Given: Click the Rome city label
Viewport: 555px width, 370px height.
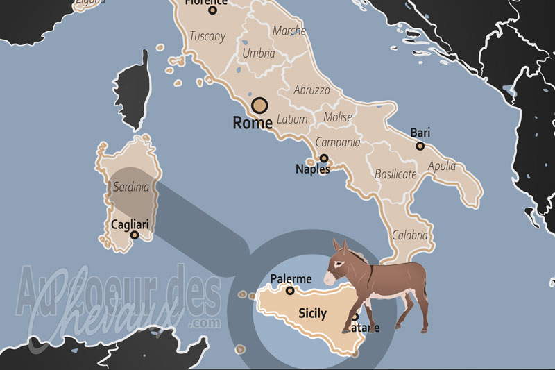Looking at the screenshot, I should (x=253, y=124).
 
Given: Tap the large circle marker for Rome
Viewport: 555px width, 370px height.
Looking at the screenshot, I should (x=259, y=106).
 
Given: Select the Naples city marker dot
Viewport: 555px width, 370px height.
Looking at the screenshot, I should (x=323, y=158).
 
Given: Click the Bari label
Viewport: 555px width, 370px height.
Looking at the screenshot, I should (x=420, y=132).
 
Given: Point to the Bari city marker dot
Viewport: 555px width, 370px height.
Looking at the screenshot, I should (x=420, y=146).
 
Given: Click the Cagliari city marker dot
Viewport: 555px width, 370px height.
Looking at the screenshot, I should (x=135, y=235).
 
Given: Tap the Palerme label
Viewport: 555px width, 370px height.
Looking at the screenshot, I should (x=291, y=279).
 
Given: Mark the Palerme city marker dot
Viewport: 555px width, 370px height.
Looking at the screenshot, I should (x=291, y=291).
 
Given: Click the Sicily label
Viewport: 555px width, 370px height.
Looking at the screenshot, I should (x=312, y=313).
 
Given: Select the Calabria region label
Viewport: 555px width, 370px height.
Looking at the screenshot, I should (x=410, y=235).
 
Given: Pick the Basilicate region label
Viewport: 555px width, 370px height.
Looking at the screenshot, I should (x=396, y=174).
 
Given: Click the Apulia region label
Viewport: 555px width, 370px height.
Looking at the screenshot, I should (x=442, y=166).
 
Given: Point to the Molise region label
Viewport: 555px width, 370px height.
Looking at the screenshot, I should (x=338, y=117).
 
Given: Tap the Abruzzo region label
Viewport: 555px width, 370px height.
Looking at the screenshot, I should (x=312, y=90).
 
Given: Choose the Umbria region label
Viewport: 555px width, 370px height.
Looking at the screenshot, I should (x=258, y=53).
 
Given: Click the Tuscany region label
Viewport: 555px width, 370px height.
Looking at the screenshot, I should (x=207, y=36).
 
